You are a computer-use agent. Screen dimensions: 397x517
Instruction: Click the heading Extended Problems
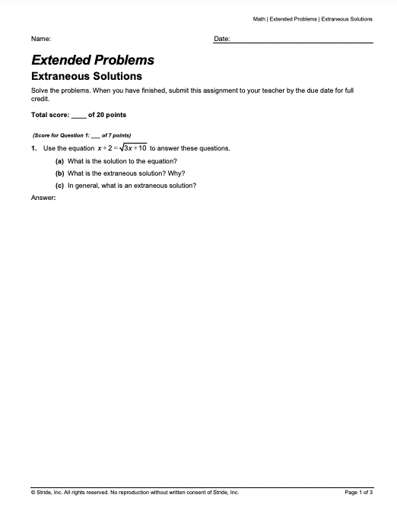(x=92, y=60)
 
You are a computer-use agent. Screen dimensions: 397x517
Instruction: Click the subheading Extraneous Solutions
(x=86, y=76)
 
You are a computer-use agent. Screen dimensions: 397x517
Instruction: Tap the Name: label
(x=41, y=38)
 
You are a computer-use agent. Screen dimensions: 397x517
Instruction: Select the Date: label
(x=222, y=38)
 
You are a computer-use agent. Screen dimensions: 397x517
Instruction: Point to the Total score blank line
(x=78, y=116)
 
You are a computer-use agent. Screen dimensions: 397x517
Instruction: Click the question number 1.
(x=34, y=148)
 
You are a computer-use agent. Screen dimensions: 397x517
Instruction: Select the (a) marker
(x=59, y=161)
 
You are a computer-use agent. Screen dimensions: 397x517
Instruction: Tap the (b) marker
(x=59, y=173)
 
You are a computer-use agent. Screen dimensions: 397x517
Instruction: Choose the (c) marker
(x=59, y=186)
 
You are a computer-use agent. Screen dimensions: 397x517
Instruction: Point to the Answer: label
(x=43, y=198)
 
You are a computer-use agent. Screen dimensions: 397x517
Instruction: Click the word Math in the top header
(x=259, y=18)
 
